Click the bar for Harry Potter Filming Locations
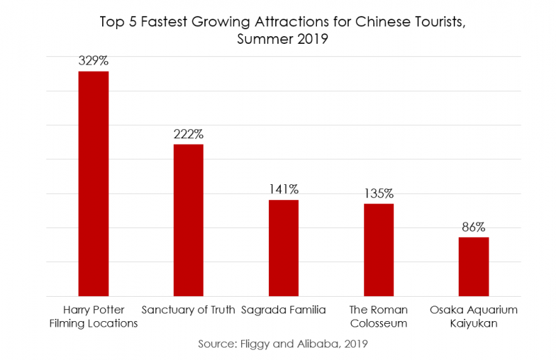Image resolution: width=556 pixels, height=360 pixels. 93,183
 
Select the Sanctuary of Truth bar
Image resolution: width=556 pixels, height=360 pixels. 188,220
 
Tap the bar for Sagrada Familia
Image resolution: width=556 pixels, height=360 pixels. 284,247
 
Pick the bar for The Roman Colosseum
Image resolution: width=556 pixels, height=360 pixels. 379,249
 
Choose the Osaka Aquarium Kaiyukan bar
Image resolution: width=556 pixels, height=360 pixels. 473,266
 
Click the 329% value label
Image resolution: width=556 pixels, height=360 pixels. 93,61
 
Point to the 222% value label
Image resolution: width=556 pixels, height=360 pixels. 188,134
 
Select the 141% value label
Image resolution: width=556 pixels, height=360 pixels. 284,189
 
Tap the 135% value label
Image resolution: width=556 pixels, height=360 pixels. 379,193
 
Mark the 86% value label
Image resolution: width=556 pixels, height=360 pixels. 473,227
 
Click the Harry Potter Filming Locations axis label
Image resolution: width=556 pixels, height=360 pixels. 93,316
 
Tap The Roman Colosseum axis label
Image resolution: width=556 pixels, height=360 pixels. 379,316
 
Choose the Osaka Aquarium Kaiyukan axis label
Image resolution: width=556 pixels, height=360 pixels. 473,316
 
